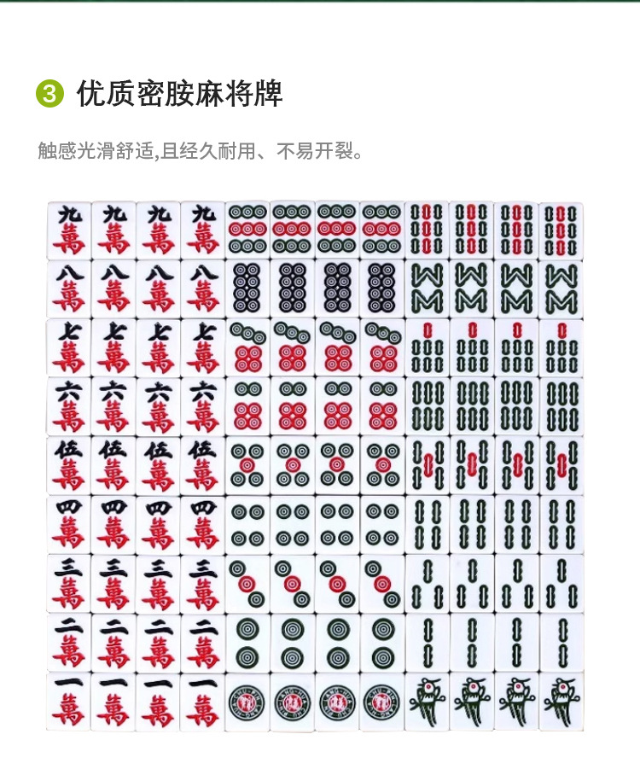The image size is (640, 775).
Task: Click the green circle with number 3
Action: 49,93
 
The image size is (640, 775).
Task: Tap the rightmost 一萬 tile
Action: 202,702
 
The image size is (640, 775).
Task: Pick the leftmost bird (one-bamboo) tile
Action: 427,702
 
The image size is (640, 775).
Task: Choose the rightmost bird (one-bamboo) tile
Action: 561,702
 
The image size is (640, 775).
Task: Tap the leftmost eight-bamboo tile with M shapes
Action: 427,289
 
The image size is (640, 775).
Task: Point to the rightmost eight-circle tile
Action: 381,289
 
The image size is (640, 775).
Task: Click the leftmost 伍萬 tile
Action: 69,466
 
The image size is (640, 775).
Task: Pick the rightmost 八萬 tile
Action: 202,289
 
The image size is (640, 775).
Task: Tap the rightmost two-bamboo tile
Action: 561,643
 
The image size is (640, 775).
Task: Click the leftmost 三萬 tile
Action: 69,584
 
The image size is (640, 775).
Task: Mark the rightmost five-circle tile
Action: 381,466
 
